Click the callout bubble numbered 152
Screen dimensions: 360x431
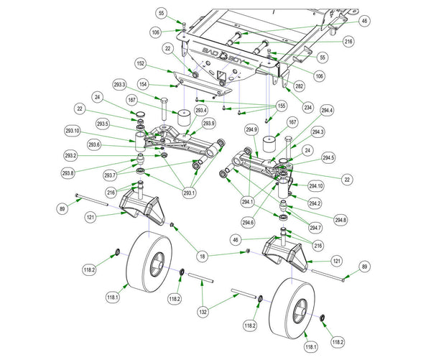[x=140, y=63]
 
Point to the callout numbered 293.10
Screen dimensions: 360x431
[x=73, y=131]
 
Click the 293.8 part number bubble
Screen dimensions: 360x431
[x=68, y=173]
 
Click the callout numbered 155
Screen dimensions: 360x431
[x=282, y=105]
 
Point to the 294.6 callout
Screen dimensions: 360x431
[x=248, y=223]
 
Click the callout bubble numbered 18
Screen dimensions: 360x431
[x=203, y=255]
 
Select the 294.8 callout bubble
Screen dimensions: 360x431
[x=340, y=219]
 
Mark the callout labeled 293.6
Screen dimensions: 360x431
[x=94, y=144]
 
